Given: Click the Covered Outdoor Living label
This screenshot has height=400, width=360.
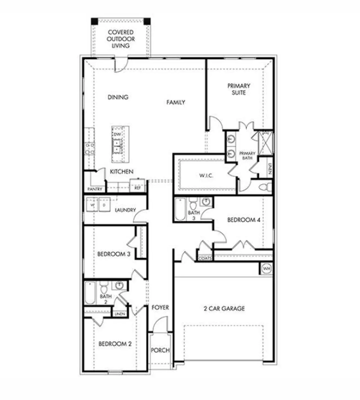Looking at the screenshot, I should [121, 39].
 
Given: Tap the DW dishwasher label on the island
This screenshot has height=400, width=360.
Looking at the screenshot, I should [117, 134].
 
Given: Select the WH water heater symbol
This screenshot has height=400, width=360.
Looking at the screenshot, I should [266, 269].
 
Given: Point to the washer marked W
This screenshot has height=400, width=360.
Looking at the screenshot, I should [92, 205].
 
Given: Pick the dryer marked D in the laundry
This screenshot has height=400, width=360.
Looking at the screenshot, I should [104, 205].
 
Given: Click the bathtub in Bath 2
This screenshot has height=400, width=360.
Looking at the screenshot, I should [90, 293].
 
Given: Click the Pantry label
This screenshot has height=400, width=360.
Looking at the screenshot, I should [95, 189].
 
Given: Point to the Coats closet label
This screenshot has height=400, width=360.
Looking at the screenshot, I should [205, 258].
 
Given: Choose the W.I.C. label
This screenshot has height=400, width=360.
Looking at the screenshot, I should [206, 176].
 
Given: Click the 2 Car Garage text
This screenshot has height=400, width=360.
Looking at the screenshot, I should [224, 308].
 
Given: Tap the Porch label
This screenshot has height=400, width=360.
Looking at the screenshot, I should [160, 350].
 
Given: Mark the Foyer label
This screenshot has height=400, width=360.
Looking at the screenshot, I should [160, 308].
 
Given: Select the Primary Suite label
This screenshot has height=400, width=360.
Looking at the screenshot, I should [239, 89].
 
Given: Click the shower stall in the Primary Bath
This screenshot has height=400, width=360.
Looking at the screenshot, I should [266, 143].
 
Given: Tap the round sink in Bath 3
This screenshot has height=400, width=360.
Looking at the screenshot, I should [207, 201].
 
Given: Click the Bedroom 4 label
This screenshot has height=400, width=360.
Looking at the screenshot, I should [244, 220].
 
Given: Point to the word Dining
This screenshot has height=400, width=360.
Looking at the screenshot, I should [118, 97].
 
